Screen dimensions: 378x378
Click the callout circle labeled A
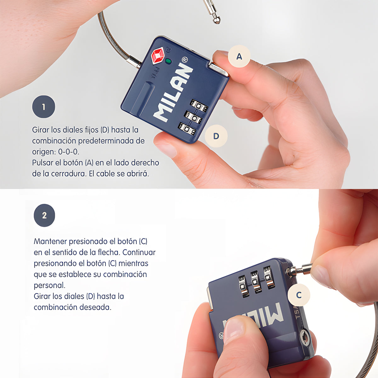click(239, 56)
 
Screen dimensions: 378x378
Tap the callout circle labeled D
click(216, 136)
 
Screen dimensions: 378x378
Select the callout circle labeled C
click(299, 295)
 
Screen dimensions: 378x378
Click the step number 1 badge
click(43, 107)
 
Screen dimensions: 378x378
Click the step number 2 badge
click(44, 215)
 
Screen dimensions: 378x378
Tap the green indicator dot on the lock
click(168, 61)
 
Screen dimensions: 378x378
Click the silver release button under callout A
click(218, 69)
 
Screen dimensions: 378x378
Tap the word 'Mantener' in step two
click(50, 241)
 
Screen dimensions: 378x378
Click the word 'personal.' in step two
click(49, 285)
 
